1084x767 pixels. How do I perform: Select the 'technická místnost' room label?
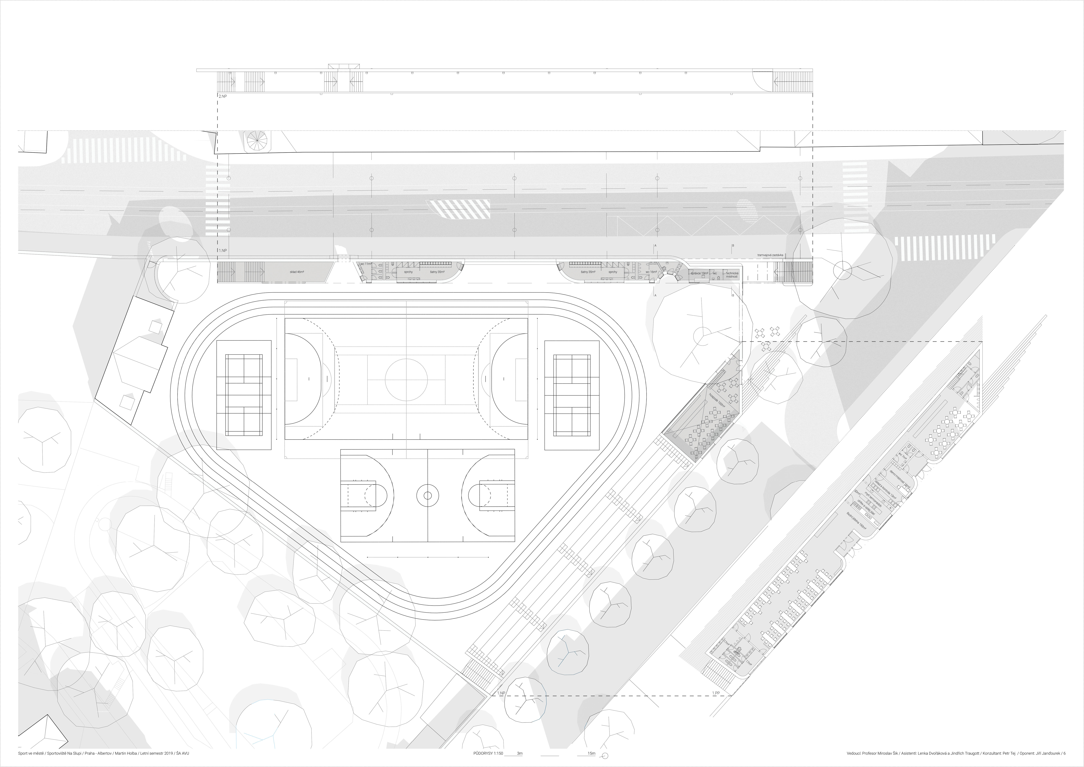732,274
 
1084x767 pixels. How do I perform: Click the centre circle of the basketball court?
427,495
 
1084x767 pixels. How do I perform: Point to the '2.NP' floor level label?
222,96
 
